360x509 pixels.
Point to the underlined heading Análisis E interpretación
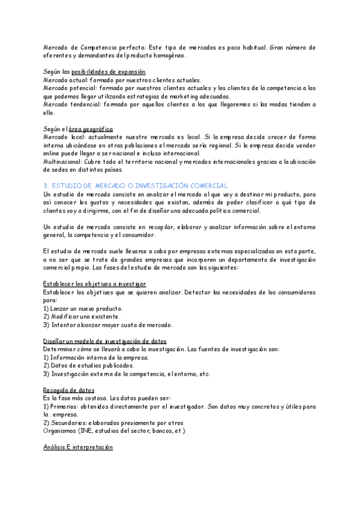[78, 447]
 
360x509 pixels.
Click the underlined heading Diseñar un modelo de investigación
[105, 341]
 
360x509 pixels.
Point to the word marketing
[175, 96]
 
